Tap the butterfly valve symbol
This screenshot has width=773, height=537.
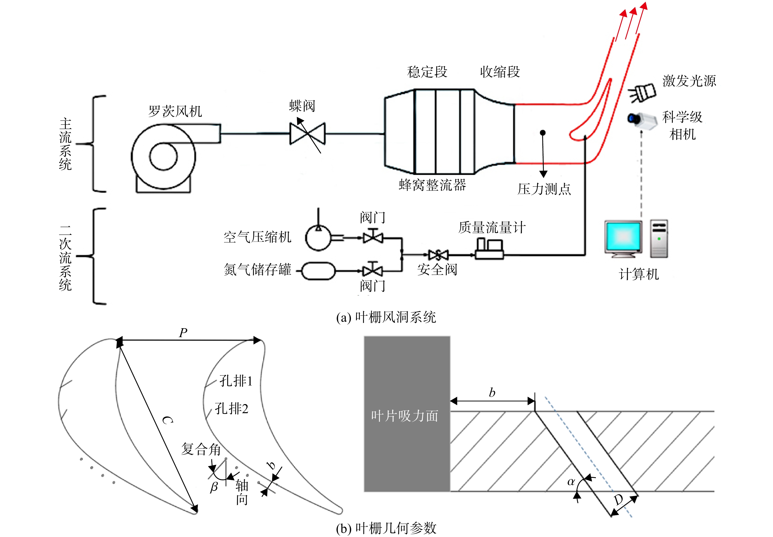pyautogui.click(x=307, y=134)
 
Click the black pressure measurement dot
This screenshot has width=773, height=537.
pyautogui.click(x=543, y=133)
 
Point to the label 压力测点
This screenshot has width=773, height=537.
pyautogui.click(x=544, y=189)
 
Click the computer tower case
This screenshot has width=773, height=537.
pyautogui.click(x=659, y=239)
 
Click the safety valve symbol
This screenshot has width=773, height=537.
pyautogui.click(x=438, y=255)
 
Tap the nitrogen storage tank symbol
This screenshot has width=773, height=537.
pyautogui.click(x=318, y=271)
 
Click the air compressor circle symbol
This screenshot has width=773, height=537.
pyautogui.click(x=318, y=238)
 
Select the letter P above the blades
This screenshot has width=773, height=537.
pyautogui.click(x=183, y=333)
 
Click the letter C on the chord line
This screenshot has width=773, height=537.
pyautogui.click(x=167, y=420)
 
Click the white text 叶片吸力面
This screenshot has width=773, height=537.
pyautogui.click(x=405, y=416)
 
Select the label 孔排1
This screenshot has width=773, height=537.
pyautogui.click(x=236, y=381)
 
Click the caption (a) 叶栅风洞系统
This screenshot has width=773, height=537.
pyautogui.click(x=386, y=317)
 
